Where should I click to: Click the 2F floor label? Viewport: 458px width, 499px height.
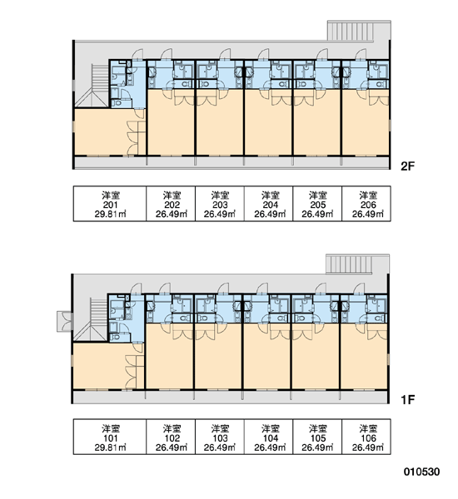(x=407, y=166)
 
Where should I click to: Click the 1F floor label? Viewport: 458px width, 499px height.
(x=407, y=399)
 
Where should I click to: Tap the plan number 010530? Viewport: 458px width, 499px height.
(x=421, y=472)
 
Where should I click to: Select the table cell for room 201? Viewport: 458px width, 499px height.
(x=110, y=204)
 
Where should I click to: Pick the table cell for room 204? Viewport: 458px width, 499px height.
(x=268, y=204)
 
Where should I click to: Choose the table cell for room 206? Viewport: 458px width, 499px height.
(x=366, y=204)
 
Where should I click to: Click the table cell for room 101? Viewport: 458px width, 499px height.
(x=110, y=437)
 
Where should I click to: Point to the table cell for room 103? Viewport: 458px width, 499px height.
(x=220, y=437)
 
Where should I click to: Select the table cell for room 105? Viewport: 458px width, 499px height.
(x=317, y=437)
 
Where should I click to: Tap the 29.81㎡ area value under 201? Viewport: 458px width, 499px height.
(x=110, y=214)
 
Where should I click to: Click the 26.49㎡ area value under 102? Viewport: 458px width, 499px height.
(x=172, y=447)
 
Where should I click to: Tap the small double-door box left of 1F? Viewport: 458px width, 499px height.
(x=65, y=321)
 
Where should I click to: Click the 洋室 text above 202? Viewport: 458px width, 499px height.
(x=172, y=195)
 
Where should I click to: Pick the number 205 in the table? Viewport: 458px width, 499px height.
(x=318, y=205)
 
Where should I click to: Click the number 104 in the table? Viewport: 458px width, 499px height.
(x=270, y=438)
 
